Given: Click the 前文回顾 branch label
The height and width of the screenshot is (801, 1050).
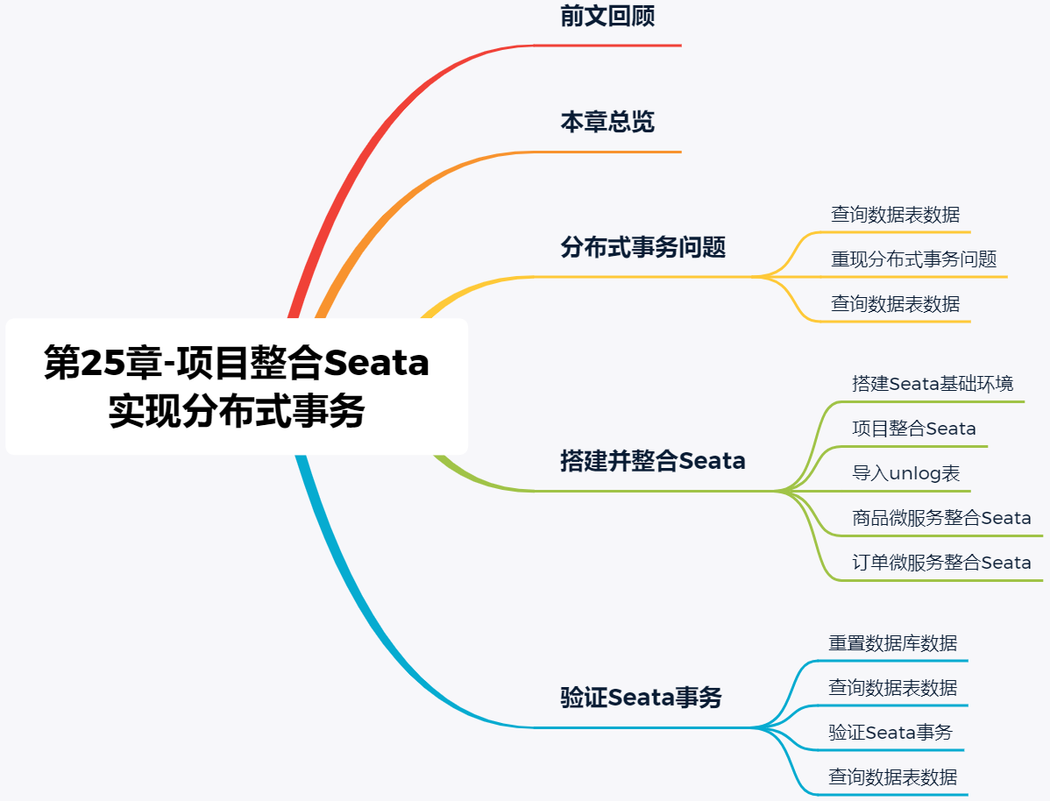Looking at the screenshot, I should pyautogui.click(x=607, y=17).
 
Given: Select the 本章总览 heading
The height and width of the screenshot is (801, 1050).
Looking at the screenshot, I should pyautogui.click(x=607, y=122).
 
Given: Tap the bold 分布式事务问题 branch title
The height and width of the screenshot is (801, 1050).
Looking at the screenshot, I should pyautogui.click(x=643, y=248).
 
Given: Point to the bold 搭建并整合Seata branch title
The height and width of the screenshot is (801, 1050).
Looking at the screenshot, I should pyautogui.click(x=653, y=461).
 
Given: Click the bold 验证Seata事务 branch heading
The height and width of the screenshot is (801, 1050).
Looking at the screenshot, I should pyautogui.click(x=641, y=698).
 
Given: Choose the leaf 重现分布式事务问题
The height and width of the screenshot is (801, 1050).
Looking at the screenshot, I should pyautogui.click(x=914, y=259).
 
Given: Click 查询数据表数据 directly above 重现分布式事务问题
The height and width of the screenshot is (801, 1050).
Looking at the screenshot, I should pyautogui.click(x=895, y=215).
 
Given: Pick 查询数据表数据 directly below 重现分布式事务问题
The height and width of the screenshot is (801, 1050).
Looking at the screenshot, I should pyautogui.click(x=895, y=304).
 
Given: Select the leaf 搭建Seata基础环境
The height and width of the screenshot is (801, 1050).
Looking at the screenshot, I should pyautogui.click(x=933, y=384).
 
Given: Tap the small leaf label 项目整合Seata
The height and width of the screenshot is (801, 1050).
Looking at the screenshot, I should pyautogui.click(x=914, y=429).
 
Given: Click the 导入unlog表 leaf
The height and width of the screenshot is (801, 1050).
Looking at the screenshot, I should pyautogui.click(x=906, y=474).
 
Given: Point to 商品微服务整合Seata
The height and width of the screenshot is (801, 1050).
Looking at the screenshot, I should pyautogui.click(x=941, y=519).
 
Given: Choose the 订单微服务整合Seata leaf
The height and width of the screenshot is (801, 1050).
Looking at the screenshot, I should pyautogui.click(x=941, y=564).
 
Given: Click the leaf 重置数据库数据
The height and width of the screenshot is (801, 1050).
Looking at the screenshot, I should pyautogui.click(x=892, y=643).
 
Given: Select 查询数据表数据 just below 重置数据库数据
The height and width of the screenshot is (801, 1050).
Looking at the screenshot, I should pyautogui.click(x=892, y=688).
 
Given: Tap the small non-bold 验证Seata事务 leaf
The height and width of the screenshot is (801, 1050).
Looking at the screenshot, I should pyautogui.click(x=890, y=733).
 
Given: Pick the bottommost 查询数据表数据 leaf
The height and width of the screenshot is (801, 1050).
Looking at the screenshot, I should pyautogui.click(x=892, y=777).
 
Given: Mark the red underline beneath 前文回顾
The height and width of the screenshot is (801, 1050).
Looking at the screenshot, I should pyautogui.click(x=614, y=45).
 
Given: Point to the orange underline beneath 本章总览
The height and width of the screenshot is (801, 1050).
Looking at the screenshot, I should pyautogui.click(x=614, y=152).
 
